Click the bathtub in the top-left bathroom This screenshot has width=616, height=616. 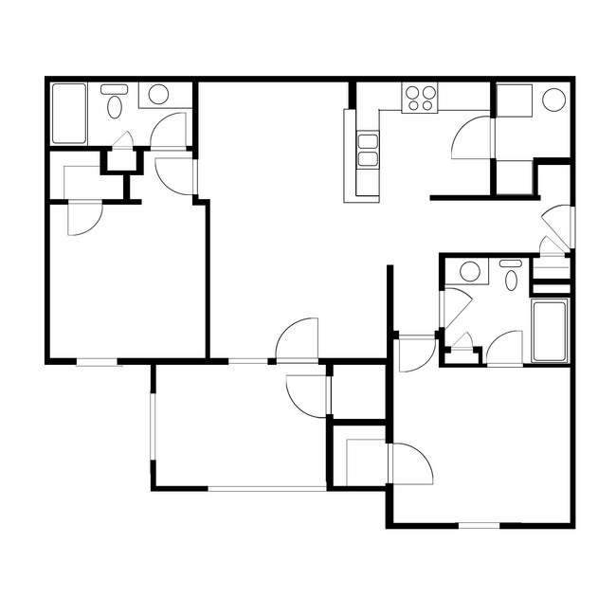68,114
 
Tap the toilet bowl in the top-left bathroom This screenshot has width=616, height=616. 116,104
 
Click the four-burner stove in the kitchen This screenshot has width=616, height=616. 421,98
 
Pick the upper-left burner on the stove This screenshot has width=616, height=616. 413,93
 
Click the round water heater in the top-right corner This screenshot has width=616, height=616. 554,100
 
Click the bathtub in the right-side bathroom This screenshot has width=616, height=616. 550,330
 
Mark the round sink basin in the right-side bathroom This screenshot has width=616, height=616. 469,273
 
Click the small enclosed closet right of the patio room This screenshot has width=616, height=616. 357,389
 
